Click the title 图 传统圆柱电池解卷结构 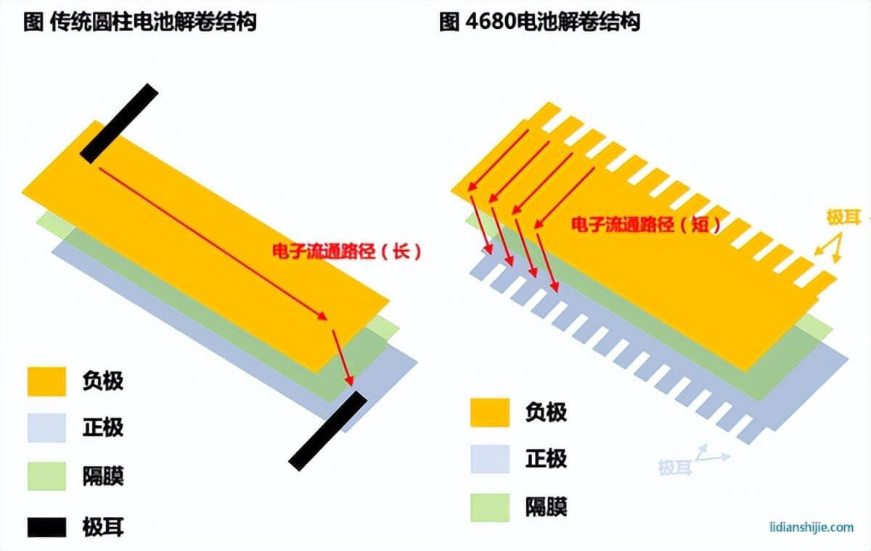[x=140, y=22]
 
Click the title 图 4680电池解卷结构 [x=540, y=22]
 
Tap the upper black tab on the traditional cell [x=119, y=123]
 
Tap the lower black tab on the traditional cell [x=328, y=431]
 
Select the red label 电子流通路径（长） [x=346, y=252]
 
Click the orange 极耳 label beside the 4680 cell [x=843, y=217]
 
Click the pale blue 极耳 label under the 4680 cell [x=676, y=467]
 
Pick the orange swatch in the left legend [x=46, y=381]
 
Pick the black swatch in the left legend [x=46, y=527]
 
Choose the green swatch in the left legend [x=46, y=476]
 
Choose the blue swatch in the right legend [x=490, y=459]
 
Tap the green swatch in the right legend [x=490, y=507]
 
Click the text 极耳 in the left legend [x=103, y=527]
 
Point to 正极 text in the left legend [x=103, y=428]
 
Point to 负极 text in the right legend [x=547, y=413]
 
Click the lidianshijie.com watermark [x=812, y=527]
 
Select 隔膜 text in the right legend [x=547, y=507]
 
